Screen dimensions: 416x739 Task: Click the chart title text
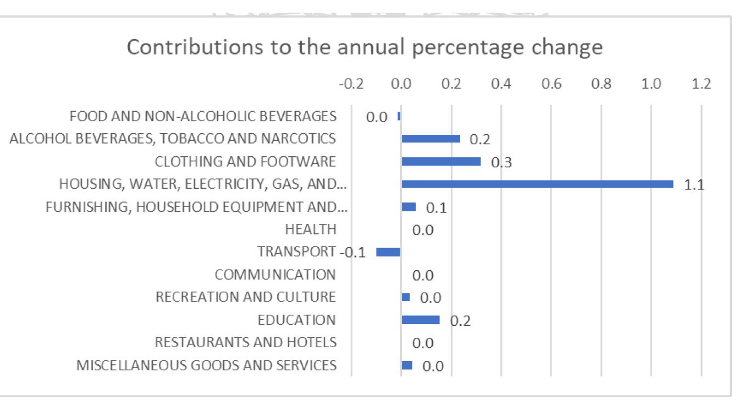365,47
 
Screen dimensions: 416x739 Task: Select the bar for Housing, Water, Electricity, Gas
537,184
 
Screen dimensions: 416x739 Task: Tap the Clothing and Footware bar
441,161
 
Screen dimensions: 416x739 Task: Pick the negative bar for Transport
388,252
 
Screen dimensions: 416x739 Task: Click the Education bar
421,320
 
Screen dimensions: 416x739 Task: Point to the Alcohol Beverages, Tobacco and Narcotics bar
431,139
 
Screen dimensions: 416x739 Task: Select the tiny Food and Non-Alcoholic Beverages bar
399,116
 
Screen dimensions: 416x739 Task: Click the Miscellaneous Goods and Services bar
407,365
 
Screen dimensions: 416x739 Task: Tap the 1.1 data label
694,185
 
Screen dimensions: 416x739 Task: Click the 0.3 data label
501,162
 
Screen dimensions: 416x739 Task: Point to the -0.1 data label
353,253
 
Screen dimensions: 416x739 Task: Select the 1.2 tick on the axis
701,84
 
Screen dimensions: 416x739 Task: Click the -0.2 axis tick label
351,84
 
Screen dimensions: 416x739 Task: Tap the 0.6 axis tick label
552,84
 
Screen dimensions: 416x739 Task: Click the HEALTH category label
311,229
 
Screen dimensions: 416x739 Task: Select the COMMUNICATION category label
275,275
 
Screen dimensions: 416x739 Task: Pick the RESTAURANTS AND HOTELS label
245,342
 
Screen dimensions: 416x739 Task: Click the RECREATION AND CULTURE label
246,297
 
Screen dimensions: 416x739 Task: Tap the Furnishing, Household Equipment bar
409,207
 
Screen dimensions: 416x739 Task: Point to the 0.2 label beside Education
460,321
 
